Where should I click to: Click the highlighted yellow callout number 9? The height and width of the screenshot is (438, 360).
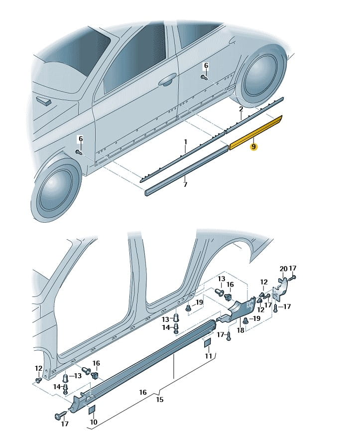pos(254,147)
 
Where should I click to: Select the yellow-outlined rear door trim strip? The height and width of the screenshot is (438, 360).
pos(256,133)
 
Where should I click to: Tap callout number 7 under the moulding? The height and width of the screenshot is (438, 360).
pos(185,184)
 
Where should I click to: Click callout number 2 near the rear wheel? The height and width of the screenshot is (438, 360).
pos(240,109)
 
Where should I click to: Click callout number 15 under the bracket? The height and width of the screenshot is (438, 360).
pos(159,400)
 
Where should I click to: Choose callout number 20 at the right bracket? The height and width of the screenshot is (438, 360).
pos(283,269)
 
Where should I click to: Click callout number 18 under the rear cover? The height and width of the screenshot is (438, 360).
pos(240,329)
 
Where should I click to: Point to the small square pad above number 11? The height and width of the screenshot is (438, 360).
pos(207,343)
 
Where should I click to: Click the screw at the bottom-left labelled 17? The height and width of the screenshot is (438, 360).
pos(59,415)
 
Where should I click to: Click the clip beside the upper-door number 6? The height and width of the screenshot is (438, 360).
pos(204,77)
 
